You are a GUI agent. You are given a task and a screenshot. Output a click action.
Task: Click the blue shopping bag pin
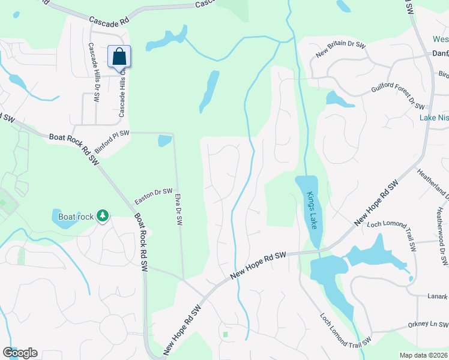coord(119,57)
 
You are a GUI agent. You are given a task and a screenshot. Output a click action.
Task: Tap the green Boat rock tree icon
coord(103,215)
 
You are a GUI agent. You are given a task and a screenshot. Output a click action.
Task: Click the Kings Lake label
coord(311,211)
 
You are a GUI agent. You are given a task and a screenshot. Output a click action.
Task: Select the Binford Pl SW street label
coord(112,141)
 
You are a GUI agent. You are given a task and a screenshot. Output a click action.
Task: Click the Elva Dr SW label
coord(178,208)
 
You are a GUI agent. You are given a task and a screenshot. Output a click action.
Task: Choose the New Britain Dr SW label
coord(341,49)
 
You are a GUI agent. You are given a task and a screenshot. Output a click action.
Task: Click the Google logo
coord(20,353)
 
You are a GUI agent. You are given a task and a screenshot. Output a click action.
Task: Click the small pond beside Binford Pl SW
coord(163,142)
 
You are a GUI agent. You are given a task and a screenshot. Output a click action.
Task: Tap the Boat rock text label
coord(76,216)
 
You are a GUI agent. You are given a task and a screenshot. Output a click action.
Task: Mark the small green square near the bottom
coord(225,334)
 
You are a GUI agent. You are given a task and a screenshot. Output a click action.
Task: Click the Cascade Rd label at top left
coord(109,20)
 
